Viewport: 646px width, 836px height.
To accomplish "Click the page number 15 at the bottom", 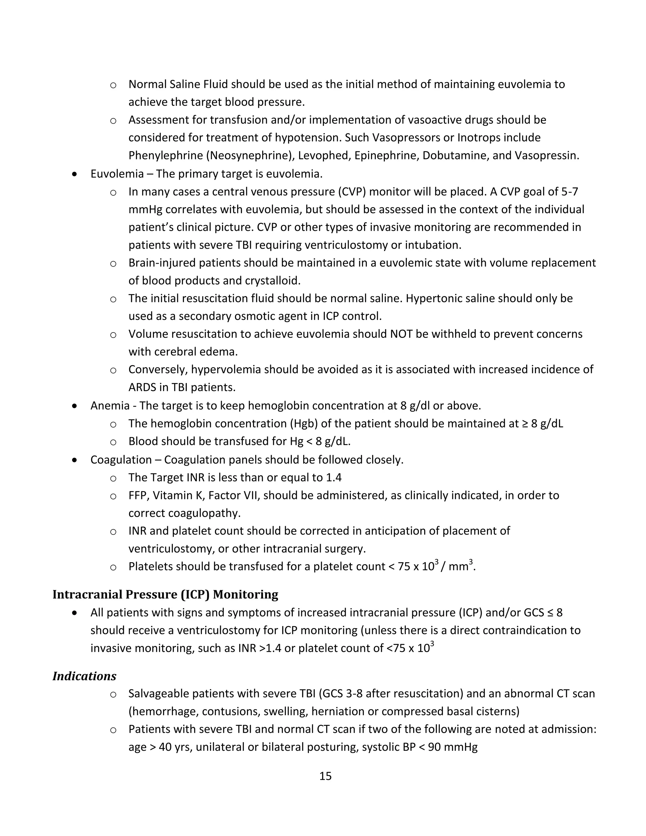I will click(325, 776).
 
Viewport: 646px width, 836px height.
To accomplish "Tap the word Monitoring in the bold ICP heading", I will click(245, 594).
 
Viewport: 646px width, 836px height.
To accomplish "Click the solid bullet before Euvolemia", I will click(75, 174).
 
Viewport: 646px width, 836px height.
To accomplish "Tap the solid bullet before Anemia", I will click(75, 406).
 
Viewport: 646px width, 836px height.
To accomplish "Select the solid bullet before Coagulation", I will click(75, 460).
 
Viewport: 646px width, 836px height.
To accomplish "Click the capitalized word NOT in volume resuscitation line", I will click(402, 334).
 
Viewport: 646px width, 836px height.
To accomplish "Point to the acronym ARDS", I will click(142, 387).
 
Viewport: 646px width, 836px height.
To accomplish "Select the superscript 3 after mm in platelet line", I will click(471, 562).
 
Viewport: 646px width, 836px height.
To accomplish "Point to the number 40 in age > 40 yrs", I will click(165, 747).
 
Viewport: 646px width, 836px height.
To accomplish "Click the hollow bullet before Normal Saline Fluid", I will click(113, 85).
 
